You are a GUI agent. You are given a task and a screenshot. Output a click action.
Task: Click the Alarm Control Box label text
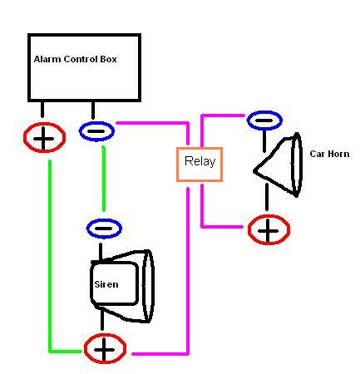click(x=75, y=59)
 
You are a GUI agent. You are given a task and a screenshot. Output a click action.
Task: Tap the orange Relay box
click(x=200, y=165)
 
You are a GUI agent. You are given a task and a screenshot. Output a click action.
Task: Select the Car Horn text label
click(x=329, y=154)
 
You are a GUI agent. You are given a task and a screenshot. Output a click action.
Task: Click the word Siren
click(x=106, y=284)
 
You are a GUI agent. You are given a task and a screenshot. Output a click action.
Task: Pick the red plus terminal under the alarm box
click(x=44, y=138)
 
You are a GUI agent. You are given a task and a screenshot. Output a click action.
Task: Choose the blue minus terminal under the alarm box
click(x=96, y=131)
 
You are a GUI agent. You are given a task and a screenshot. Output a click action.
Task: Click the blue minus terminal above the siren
click(x=104, y=229)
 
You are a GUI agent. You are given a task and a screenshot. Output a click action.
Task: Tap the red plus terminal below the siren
click(x=105, y=349)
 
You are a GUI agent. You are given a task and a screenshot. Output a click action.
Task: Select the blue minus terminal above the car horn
click(x=264, y=121)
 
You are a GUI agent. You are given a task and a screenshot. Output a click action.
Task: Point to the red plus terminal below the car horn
click(x=269, y=229)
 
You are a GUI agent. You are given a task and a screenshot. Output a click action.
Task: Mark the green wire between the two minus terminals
click(x=104, y=179)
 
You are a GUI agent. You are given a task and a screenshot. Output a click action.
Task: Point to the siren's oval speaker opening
click(x=148, y=286)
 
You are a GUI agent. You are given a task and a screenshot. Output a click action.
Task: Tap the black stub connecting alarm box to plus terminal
click(x=42, y=110)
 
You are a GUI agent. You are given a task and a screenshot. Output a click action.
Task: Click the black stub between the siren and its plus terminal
click(x=102, y=320)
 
